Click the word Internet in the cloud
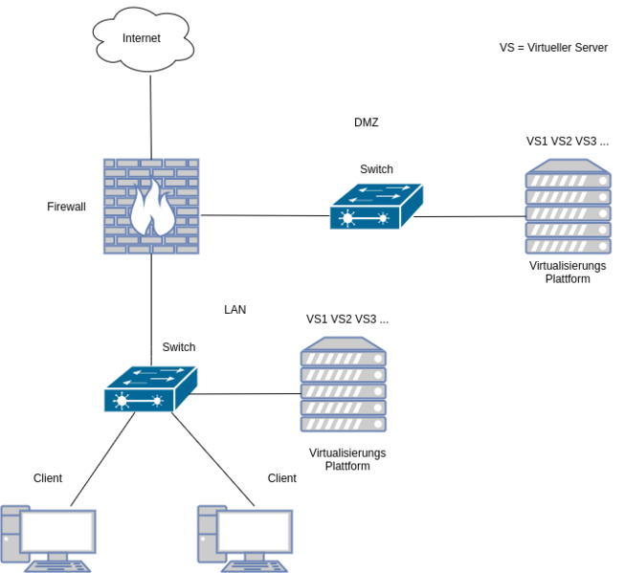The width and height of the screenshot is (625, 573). click(x=142, y=38)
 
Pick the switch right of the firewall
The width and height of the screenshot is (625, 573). click(x=376, y=206)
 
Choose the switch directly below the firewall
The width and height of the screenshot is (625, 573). click(x=150, y=388)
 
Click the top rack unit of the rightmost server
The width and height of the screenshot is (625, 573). click(x=568, y=181)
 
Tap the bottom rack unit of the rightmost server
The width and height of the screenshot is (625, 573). click(x=568, y=246)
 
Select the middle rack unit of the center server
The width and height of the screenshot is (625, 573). click(x=343, y=390)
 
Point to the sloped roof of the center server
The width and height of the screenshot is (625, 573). click(x=343, y=342)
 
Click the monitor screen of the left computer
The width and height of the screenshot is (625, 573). click(x=57, y=530)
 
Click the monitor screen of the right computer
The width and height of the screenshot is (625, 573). click(x=255, y=530)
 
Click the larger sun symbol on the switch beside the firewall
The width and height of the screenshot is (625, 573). click(x=346, y=220)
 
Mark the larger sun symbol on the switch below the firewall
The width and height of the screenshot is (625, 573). click(x=121, y=402)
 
